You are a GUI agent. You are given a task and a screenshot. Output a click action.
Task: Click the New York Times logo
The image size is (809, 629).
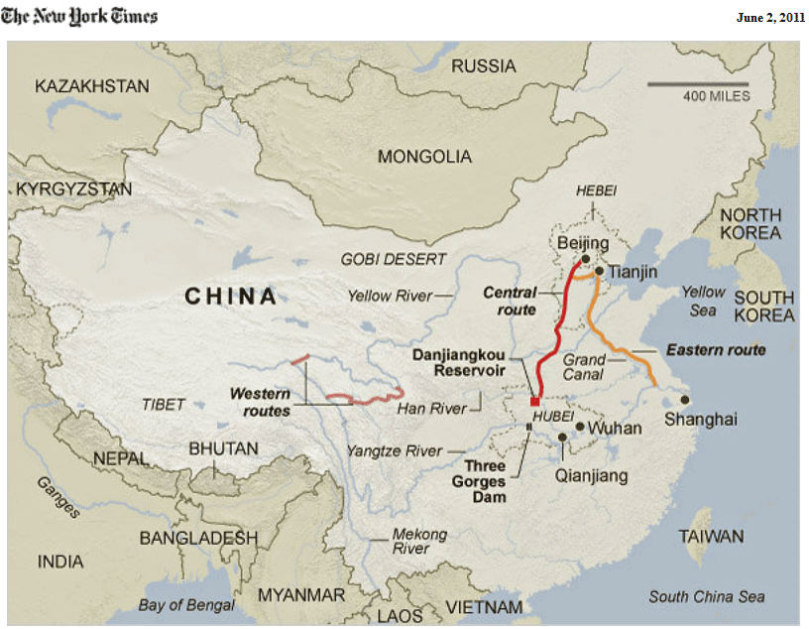click(x=79, y=16)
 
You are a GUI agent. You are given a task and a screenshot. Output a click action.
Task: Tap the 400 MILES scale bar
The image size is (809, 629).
click(x=699, y=83)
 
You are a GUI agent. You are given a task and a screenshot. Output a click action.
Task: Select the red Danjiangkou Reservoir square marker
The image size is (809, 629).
click(x=535, y=402)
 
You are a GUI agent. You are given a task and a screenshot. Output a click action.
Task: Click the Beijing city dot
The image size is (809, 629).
click(x=586, y=259)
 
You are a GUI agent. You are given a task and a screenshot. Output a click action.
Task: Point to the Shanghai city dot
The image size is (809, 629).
click(x=685, y=400)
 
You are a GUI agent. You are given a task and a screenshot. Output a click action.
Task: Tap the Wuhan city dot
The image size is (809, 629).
click(x=579, y=426)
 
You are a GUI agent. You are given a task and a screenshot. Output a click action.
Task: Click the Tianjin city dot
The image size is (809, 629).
click(x=599, y=270)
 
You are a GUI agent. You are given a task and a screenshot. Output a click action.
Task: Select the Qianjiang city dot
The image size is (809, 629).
click(x=562, y=437)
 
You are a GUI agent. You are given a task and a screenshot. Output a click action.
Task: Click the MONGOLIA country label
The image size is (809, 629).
click(x=424, y=157)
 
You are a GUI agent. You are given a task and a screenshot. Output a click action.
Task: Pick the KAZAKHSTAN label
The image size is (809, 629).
click(x=92, y=86)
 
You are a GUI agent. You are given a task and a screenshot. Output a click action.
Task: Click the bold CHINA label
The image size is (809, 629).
click(x=231, y=296)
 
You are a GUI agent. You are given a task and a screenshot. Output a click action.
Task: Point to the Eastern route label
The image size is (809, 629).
click(x=716, y=349)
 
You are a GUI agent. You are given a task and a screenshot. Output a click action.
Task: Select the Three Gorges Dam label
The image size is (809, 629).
click(x=487, y=480)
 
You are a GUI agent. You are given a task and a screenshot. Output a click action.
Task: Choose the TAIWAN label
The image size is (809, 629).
click(x=711, y=537)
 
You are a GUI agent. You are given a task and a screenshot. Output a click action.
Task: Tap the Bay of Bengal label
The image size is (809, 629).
click(x=186, y=604)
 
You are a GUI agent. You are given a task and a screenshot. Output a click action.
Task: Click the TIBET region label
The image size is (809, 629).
click(x=163, y=404)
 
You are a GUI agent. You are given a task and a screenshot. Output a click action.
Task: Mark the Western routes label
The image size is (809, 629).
click(x=261, y=401)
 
